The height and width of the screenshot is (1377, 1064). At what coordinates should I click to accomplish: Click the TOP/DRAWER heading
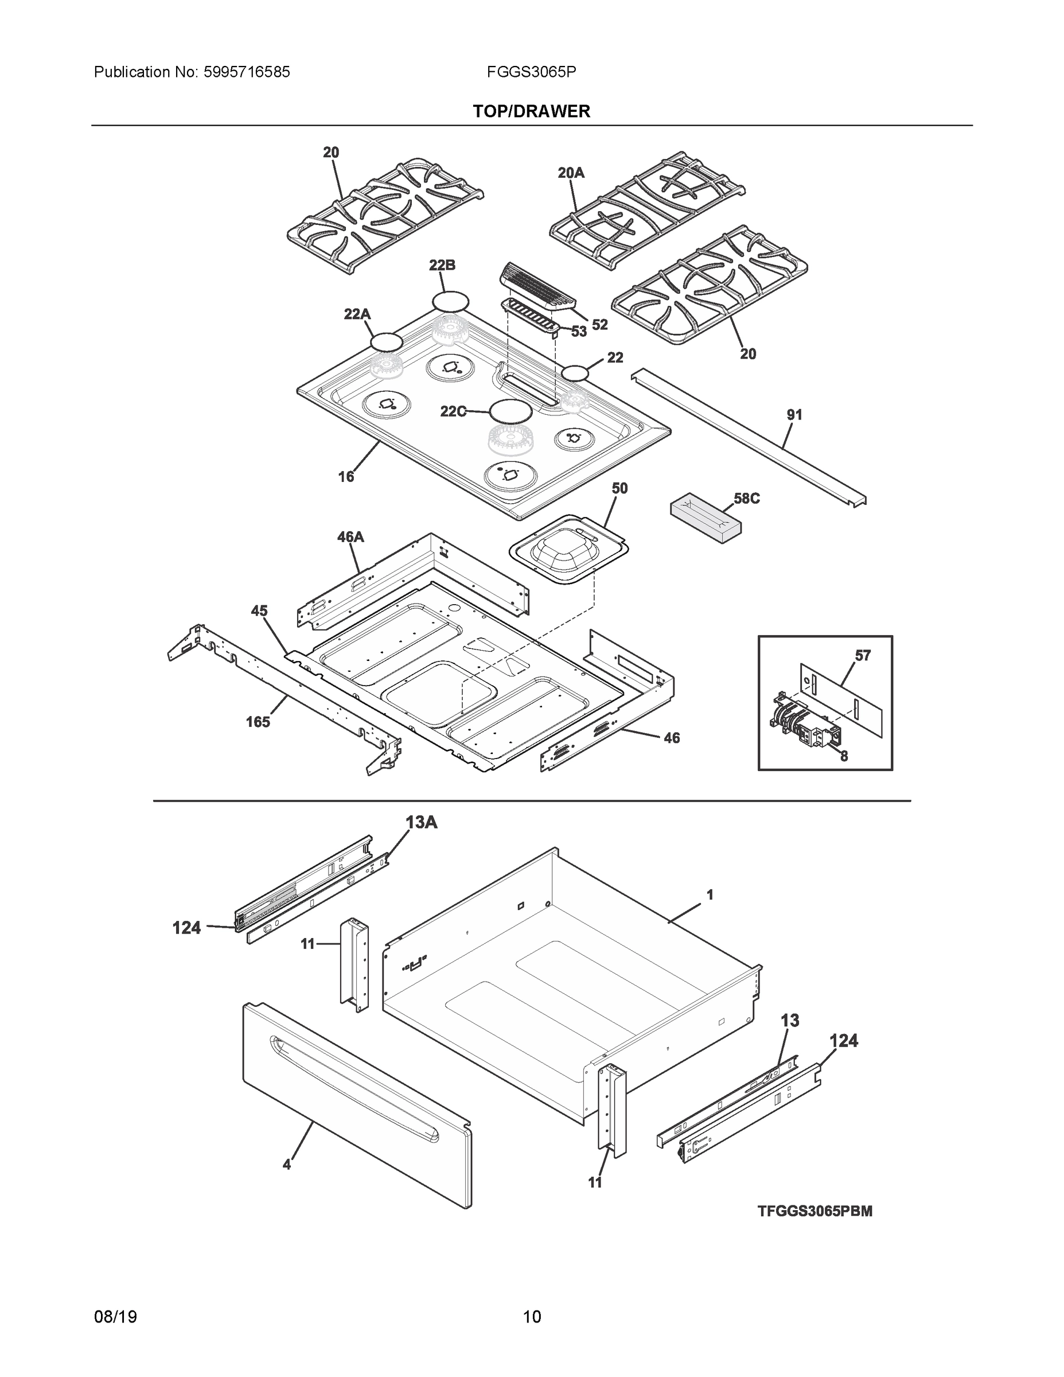531,112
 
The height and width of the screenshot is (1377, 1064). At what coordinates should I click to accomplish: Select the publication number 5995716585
247,72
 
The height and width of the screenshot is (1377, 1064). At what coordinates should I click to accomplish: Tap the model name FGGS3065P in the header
531,72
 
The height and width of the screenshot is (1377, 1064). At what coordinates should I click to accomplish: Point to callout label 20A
571,173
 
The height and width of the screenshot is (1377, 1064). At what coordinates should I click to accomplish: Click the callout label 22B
442,266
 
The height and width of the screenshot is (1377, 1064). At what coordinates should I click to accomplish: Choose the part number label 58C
746,499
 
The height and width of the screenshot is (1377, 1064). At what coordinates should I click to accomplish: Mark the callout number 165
258,722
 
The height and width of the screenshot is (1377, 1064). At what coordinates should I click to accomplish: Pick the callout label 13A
421,822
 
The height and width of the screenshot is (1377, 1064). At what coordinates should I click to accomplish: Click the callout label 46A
350,537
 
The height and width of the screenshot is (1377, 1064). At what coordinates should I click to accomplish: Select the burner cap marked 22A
386,343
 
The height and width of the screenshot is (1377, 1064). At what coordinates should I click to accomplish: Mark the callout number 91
794,415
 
